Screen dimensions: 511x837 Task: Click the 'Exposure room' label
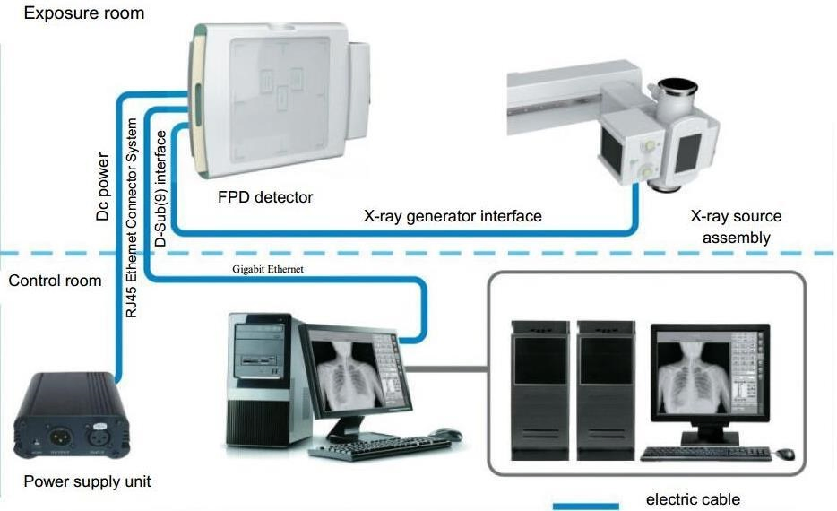[72, 13]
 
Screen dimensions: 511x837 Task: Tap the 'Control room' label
[55, 281]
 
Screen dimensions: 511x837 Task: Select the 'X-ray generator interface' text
[452, 216]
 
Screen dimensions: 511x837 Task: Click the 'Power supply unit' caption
[87, 481]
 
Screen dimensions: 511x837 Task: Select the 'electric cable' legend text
[693, 499]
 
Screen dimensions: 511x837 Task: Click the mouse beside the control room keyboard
[444, 435]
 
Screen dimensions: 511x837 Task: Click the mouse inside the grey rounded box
[785, 454]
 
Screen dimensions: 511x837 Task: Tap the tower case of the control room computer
[260, 381]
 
